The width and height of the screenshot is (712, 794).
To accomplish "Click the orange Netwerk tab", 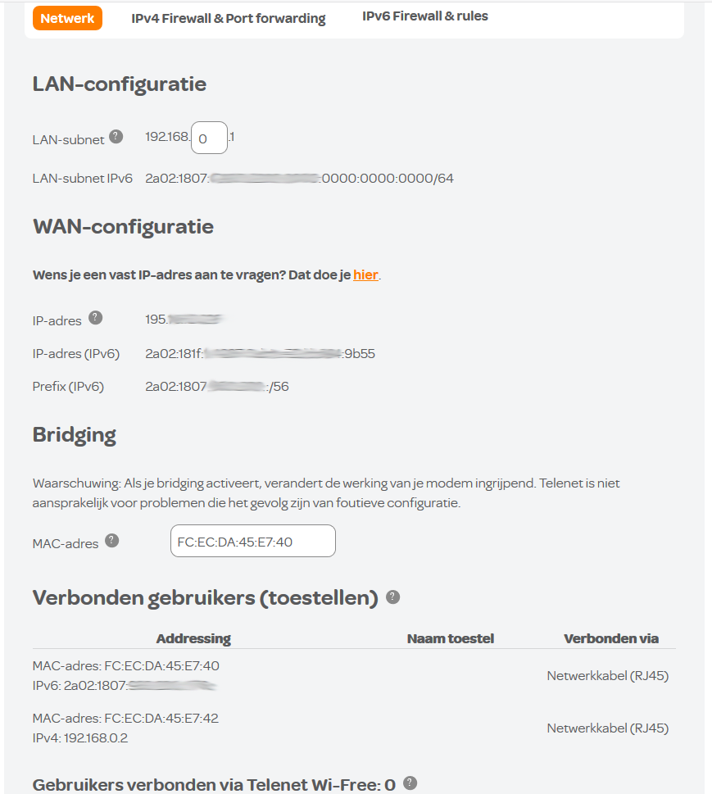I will point(67,18).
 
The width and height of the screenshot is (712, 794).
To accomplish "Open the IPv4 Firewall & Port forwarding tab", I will point(229,18).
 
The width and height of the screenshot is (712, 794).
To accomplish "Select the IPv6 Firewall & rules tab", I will point(425,16).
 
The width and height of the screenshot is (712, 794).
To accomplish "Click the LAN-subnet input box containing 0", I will point(209,138).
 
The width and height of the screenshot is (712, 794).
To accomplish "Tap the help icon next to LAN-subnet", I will point(116,137).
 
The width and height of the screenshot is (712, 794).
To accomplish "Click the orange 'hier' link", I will point(365,274).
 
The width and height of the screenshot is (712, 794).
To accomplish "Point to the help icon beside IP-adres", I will point(95,318).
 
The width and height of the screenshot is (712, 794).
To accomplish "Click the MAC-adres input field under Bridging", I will point(252,541).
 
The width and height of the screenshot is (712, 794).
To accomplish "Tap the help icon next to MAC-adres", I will point(112,541).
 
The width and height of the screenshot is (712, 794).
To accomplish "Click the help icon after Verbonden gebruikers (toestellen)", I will point(393,597).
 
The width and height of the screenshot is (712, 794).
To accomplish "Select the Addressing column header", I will point(193,638).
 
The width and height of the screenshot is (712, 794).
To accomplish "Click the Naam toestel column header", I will point(451,638).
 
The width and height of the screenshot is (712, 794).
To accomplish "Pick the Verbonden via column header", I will point(611,638).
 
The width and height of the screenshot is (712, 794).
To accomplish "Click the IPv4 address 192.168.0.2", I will point(96,737).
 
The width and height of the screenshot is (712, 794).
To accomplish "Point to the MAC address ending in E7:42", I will point(161,718).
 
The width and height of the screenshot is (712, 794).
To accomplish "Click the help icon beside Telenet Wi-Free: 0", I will point(410,783).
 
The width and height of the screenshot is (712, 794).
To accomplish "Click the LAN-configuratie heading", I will point(120,84).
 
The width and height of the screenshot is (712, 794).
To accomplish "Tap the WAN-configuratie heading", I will point(123,226).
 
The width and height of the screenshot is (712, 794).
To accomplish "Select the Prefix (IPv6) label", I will point(68,386).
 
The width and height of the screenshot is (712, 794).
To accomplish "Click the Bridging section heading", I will point(74,434).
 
